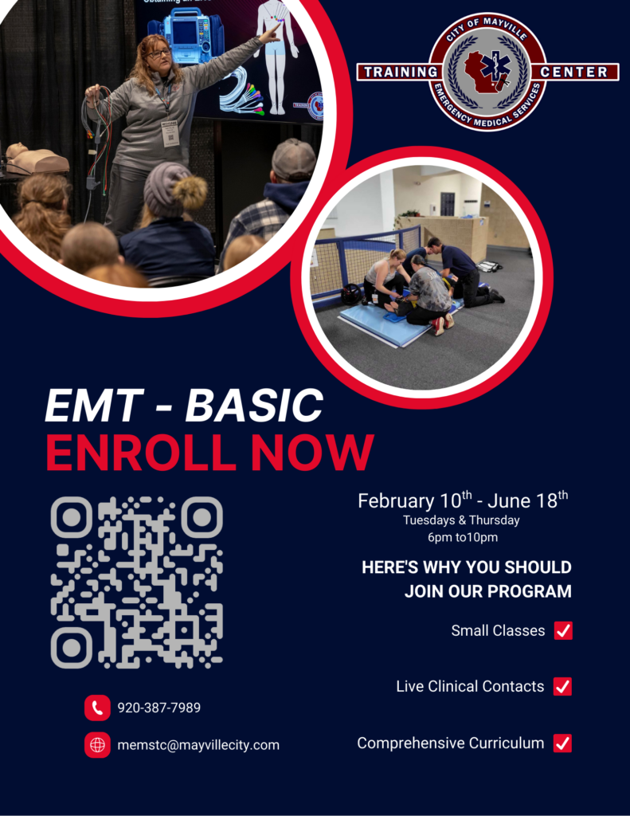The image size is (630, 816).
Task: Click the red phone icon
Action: (97, 708)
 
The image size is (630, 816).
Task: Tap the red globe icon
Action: (97, 745)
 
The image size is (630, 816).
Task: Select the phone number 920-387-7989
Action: (158, 708)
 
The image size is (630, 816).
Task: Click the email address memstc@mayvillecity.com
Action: (198, 745)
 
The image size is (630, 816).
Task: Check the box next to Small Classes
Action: (563, 630)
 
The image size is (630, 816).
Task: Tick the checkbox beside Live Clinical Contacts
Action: (563, 686)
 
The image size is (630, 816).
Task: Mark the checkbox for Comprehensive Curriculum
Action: (563, 743)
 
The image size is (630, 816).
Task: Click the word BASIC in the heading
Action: (254, 405)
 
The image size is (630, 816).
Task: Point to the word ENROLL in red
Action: (141, 452)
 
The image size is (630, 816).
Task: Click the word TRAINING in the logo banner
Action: (401, 72)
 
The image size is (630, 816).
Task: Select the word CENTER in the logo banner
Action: (573, 72)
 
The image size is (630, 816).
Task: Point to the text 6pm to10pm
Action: (463, 537)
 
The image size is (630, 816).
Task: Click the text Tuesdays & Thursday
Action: (461, 520)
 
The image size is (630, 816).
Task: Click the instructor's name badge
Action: (170, 134)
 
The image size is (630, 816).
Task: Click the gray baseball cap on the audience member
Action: (293, 159)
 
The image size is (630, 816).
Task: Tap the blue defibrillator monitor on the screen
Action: (186, 37)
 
